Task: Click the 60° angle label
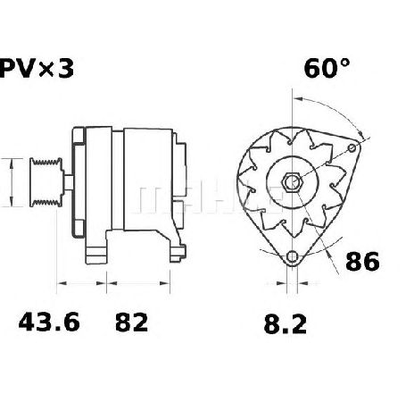[327, 68]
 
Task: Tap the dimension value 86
[362, 261]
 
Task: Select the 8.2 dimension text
[285, 324]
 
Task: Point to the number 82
[131, 323]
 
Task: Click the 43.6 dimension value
[49, 322]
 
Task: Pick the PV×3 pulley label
[36, 68]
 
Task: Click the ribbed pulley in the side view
[46, 182]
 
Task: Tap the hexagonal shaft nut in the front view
[292, 181]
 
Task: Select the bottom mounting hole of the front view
[292, 256]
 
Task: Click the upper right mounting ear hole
[352, 148]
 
